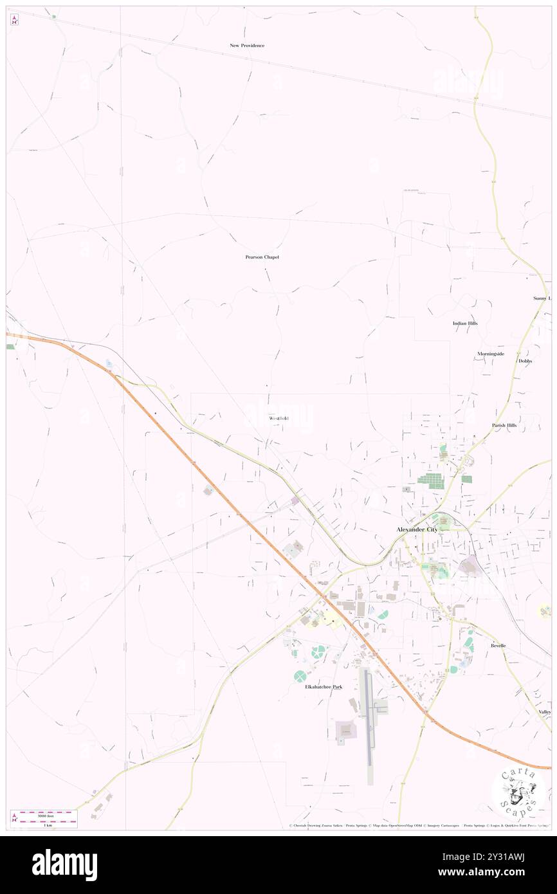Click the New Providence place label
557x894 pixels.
coord(247,46)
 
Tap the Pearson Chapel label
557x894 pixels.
coord(262,257)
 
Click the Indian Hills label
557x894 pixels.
coord(464,323)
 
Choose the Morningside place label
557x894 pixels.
coord(490,354)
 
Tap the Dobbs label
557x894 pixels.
coord(525,361)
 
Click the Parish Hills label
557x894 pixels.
coord(504,425)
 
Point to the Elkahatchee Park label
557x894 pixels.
coord(324,687)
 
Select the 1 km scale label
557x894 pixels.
coord(48,825)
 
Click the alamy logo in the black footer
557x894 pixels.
coord(64,865)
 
